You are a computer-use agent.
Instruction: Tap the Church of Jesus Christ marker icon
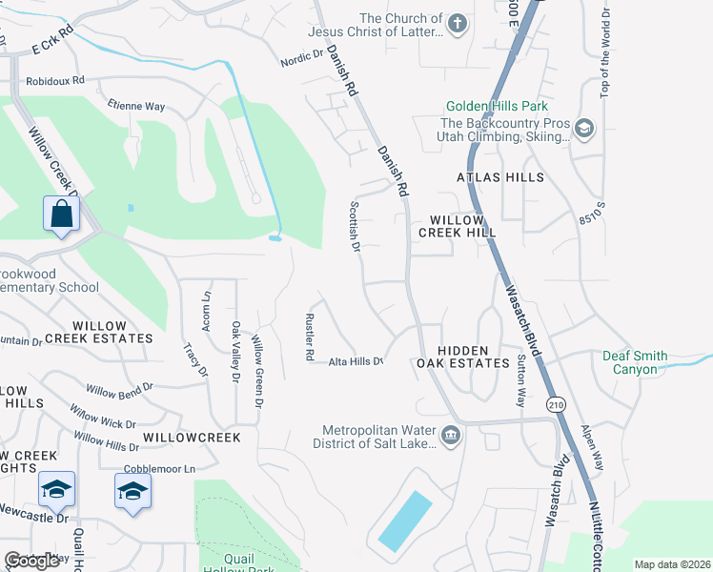[x=458, y=24]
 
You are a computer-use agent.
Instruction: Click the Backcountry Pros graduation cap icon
[x=584, y=129]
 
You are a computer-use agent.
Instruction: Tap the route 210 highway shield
[x=554, y=405]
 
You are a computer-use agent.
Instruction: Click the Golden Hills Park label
[x=497, y=107]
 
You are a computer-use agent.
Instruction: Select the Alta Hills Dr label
[x=356, y=361]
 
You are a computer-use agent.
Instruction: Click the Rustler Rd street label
[x=309, y=337]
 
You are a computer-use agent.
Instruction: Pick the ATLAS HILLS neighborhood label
[x=500, y=177]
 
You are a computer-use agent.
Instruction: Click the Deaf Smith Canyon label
[x=630, y=362]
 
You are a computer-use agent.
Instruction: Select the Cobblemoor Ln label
[x=159, y=469]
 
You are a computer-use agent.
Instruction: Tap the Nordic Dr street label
[x=302, y=59]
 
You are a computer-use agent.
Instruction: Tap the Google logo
[x=31, y=562]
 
